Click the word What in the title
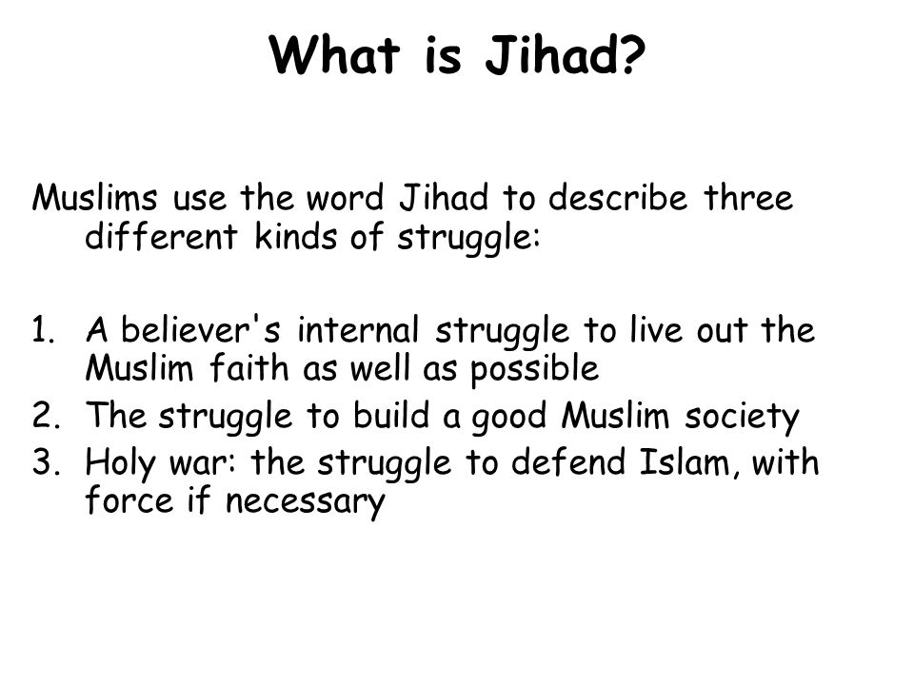pyautogui.click(x=334, y=54)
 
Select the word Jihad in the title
pyautogui.click(x=551, y=55)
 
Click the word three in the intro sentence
pyautogui.click(x=748, y=197)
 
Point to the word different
pyautogui.click(x=162, y=236)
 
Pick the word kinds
pyautogui.click(x=296, y=237)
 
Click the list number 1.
pyautogui.click(x=43, y=330)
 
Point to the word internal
pyautogui.click(x=359, y=329)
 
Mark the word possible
pyautogui.click(x=534, y=370)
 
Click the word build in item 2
pyautogui.click(x=391, y=415)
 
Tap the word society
pyautogui.click(x=742, y=417)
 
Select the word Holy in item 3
pyautogui.click(x=121, y=463)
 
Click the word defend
pyautogui.click(x=567, y=461)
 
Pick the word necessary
pyautogui.click(x=306, y=502)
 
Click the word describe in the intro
pyautogui.click(x=618, y=197)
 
